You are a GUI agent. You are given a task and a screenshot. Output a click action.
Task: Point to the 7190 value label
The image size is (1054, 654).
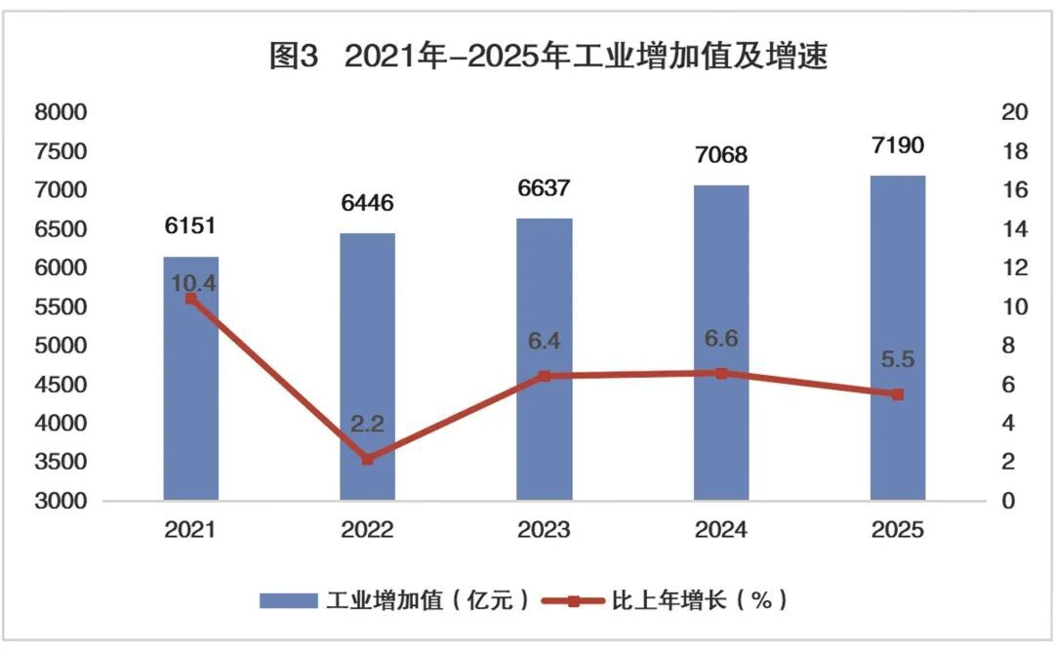(898, 145)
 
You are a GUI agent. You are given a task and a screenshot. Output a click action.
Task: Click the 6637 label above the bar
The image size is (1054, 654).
(545, 188)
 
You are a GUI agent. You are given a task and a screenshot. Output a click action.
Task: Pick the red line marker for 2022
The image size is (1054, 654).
(368, 459)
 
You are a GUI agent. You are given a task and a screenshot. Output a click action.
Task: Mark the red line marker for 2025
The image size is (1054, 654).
(898, 394)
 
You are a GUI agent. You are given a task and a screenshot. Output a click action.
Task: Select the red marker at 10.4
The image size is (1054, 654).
(191, 300)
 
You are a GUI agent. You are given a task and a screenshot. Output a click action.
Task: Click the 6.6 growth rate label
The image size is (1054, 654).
(721, 339)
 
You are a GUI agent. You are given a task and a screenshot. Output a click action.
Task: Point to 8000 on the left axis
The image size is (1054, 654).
(61, 112)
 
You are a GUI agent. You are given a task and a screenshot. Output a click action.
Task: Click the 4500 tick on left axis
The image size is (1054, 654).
(61, 385)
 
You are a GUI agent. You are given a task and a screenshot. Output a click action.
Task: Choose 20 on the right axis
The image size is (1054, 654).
(1015, 112)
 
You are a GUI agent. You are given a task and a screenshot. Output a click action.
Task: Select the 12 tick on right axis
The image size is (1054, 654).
(1015, 267)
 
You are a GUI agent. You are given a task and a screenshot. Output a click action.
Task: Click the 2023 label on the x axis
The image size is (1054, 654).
(545, 530)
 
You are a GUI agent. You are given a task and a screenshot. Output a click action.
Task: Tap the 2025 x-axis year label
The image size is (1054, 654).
(898, 530)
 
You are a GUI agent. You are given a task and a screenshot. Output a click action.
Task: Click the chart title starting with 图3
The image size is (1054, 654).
(548, 57)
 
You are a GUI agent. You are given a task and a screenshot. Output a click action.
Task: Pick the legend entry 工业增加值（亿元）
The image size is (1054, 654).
(395, 599)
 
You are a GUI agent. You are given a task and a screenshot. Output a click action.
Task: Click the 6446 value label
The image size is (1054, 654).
(368, 203)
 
